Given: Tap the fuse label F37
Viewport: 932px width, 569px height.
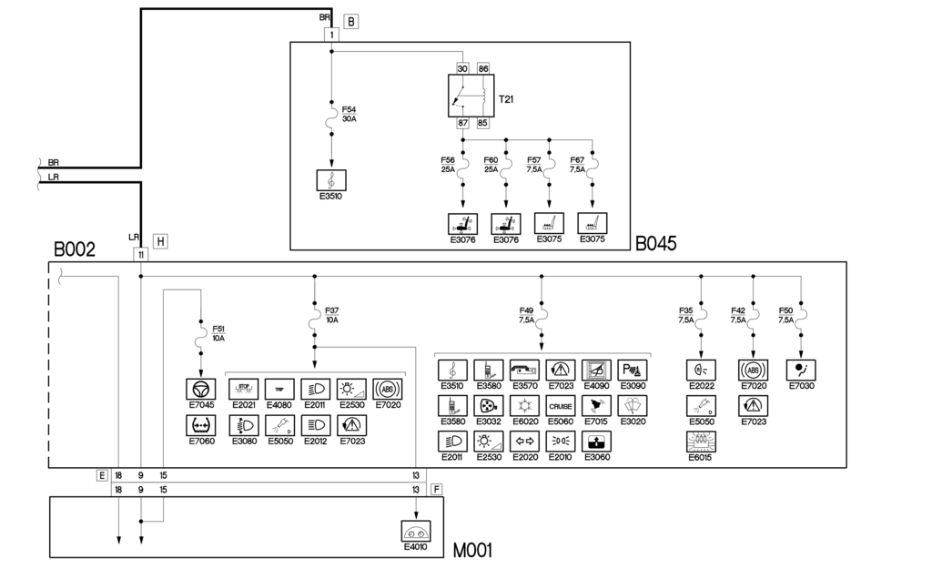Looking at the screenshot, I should pyautogui.click(x=332, y=315).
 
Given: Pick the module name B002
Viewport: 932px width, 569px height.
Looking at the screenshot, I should pyautogui.click(x=76, y=249).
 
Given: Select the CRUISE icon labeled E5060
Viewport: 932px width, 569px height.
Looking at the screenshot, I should pyautogui.click(x=561, y=405).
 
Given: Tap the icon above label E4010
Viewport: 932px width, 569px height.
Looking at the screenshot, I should pyautogui.click(x=417, y=531).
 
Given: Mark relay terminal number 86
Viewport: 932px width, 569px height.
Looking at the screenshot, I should pyautogui.click(x=483, y=68).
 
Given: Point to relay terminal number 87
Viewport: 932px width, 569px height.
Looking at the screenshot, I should pyautogui.click(x=462, y=123).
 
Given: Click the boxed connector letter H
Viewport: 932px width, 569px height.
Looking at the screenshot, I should pyautogui.click(x=160, y=241).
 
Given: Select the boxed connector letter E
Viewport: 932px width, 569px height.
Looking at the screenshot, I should pyautogui.click(x=102, y=475).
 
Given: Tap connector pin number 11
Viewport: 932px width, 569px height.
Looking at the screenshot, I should pyautogui.click(x=141, y=255).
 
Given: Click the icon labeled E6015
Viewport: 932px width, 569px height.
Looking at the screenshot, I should pyautogui.click(x=700, y=442).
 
